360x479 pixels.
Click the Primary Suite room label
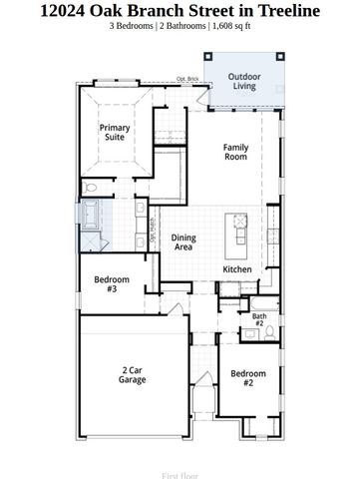pos(114,132)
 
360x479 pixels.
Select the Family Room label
pos(235,152)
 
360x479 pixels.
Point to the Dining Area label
pos(181,240)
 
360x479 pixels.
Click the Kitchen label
pos(236,269)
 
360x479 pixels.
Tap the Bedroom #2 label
pos(247,378)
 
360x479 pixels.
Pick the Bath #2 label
pos(258,319)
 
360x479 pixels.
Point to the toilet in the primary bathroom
pos(92,186)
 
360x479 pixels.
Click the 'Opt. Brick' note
pos(187,78)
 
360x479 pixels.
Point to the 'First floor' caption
pos(180,464)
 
